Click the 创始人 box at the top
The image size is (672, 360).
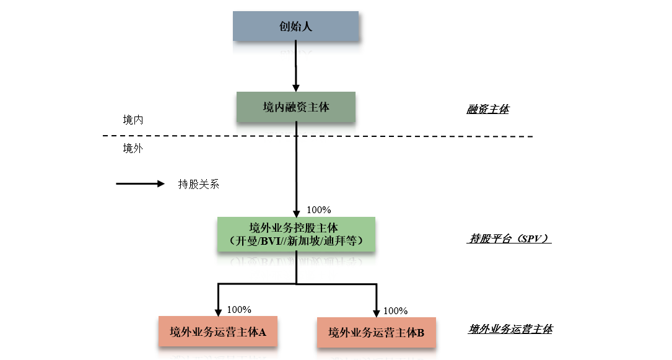pyautogui.click(x=295, y=26)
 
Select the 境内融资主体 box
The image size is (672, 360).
pyautogui.click(x=295, y=107)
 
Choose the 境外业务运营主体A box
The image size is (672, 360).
pyautogui.click(x=218, y=332)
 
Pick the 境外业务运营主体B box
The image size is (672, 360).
pyautogui.click(x=376, y=333)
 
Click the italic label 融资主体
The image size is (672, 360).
pyautogui.click(x=487, y=110)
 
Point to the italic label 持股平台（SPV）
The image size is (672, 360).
pyautogui.click(x=508, y=239)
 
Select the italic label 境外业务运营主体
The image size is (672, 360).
pyautogui.click(x=510, y=329)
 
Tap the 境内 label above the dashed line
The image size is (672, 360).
pyautogui.click(x=133, y=120)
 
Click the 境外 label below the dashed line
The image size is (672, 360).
pyautogui.click(x=133, y=148)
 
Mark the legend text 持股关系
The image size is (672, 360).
pyautogui.click(x=198, y=184)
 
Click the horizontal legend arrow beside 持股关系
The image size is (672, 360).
pyautogui.click(x=140, y=183)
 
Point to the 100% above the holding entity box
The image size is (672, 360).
pyautogui.click(x=319, y=210)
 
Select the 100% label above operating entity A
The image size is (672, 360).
pyautogui.click(x=239, y=309)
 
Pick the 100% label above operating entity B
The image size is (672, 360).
pyautogui.click(x=396, y=310)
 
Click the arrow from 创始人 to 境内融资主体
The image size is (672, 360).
pyautogui.click(x=296, y=65)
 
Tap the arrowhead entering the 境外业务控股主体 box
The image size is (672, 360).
pyautogui.click(x=296, y=211)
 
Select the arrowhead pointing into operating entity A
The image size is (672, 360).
pyautogui.click(x=218, y=311)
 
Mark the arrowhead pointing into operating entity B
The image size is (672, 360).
pyautogui.click(x=376, y=312)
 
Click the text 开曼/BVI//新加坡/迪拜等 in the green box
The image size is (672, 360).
pyautogui.click(x=295, y=240)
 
